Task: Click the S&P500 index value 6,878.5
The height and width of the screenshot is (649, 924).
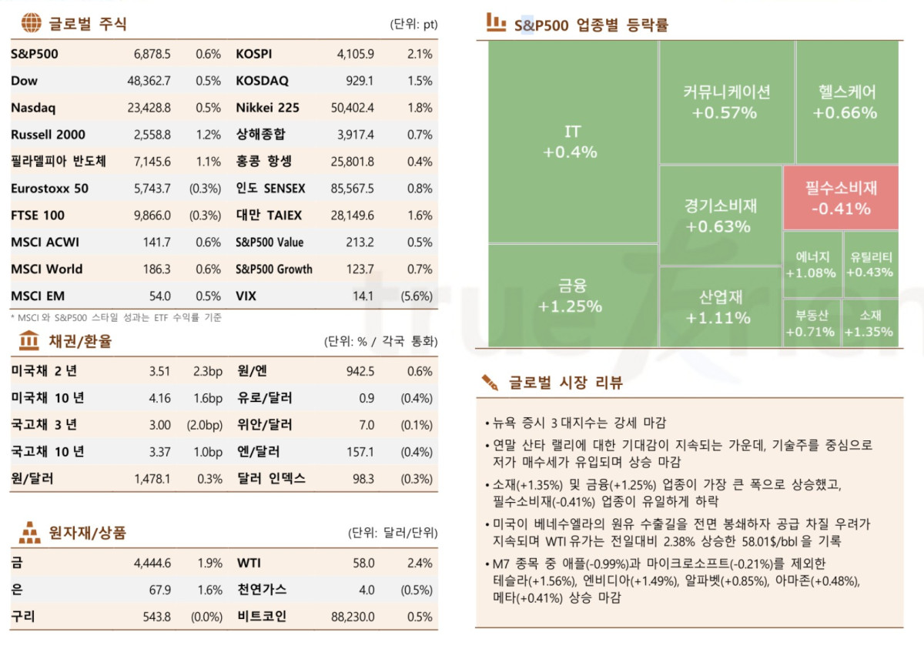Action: click(x=152, y=54)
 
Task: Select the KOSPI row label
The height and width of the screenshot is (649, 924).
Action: click(x=253, y=54)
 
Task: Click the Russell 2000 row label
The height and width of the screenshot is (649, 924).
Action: click(x=48, y=135)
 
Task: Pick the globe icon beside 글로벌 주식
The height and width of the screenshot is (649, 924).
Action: click(x=31, y=23)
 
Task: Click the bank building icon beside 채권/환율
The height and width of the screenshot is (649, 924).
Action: click(x=29, y=340)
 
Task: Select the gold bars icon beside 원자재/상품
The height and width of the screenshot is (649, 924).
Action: click(x=30, y=531)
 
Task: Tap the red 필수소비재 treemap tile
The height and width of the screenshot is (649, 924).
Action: click(x=841, y=198)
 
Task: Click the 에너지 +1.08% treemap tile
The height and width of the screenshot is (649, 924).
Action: click(x=811, y=265)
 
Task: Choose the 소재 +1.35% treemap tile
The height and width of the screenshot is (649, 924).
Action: click(x=869, y=323)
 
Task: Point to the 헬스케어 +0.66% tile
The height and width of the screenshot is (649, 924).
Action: click(x=846, y=102)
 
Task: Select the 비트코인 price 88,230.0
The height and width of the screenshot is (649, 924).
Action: click(x=353, y=617)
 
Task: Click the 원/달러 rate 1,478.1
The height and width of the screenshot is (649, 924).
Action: click(x=152, y=479)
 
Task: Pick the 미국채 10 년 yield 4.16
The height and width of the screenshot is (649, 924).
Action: click(x=160, y=398)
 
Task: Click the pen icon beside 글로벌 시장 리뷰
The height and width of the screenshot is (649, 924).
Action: click(x=490, y=382)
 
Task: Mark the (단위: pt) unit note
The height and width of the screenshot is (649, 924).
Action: click(x=413, y=24)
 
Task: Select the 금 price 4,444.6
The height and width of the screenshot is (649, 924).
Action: click(x=152, y=564)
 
